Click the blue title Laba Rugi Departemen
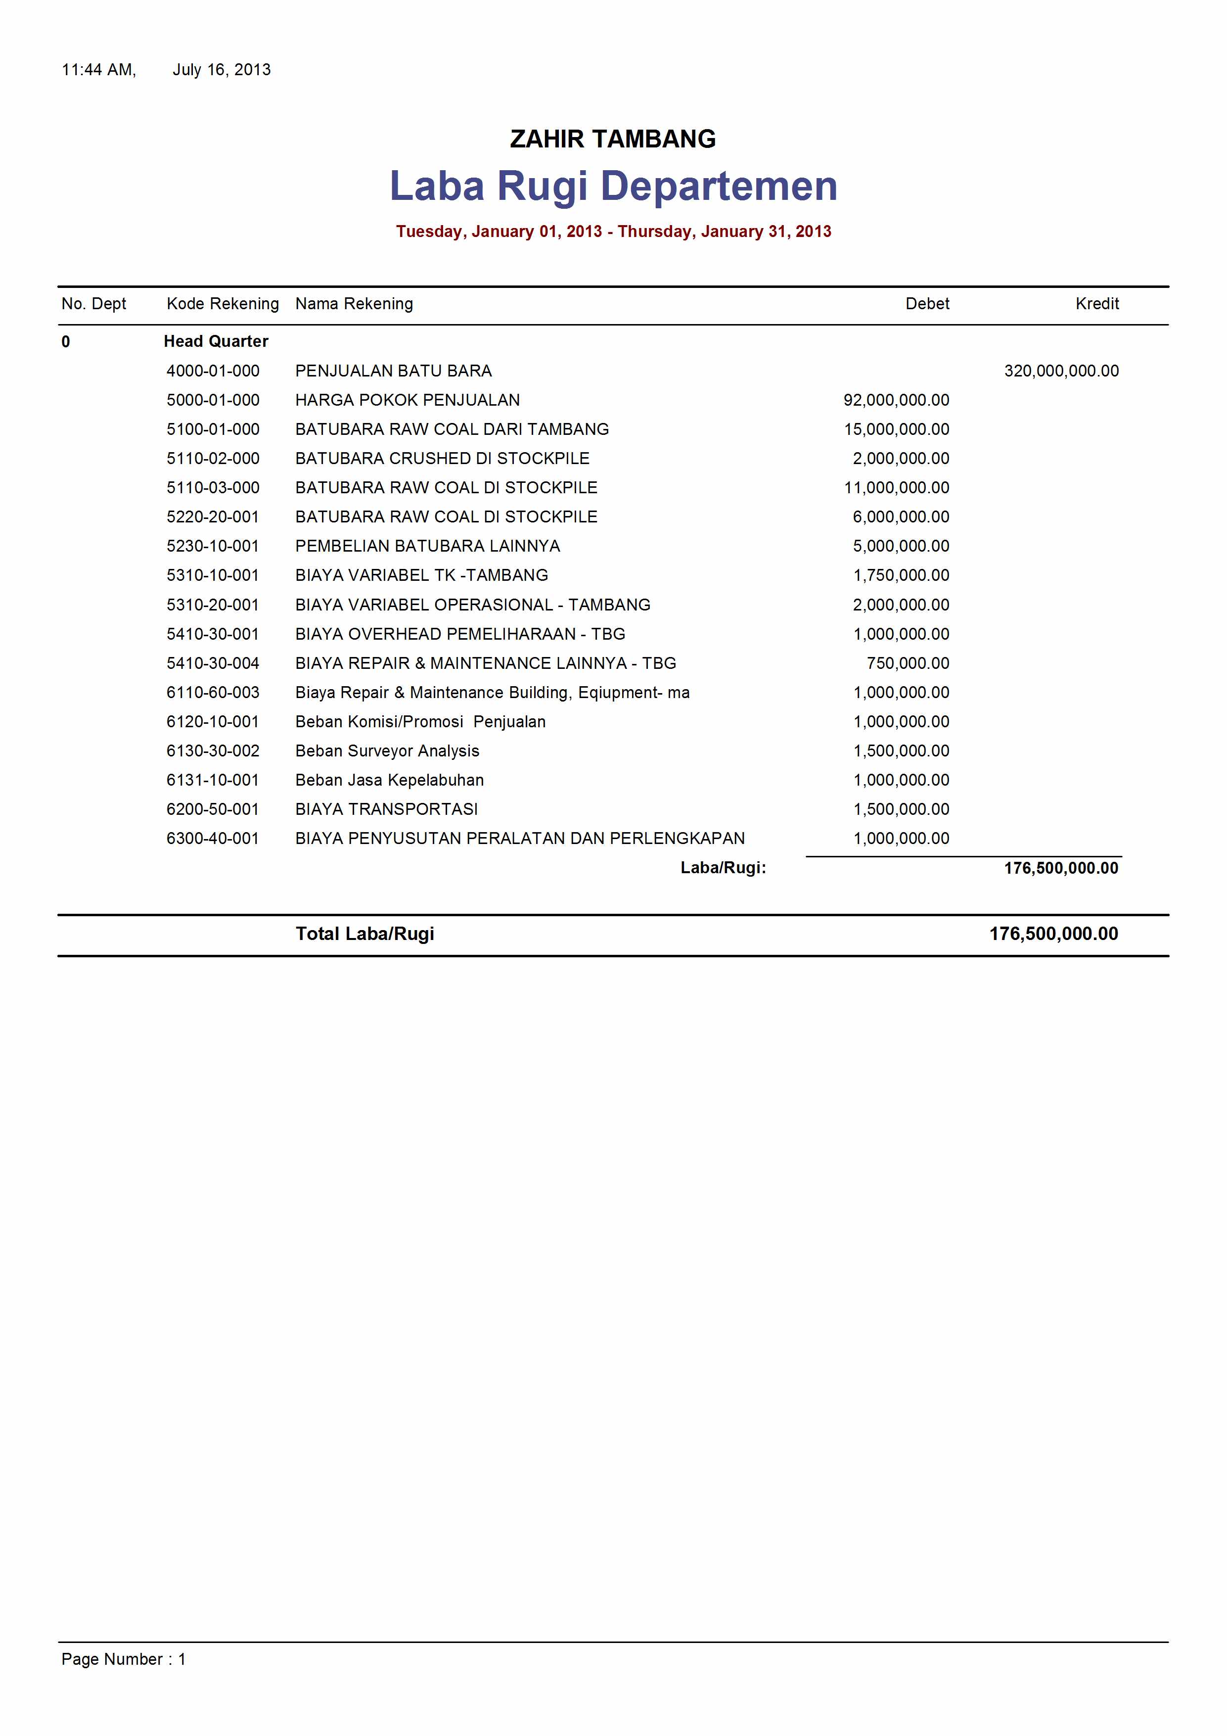613,186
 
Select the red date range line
613,232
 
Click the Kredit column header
1096,304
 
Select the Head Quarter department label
216,342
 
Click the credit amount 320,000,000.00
1061,371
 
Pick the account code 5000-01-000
213,400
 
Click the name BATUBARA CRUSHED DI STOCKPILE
442,459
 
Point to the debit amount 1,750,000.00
901,575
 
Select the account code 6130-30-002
213,751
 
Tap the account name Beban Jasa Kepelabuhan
389,780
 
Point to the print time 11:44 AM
98,70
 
